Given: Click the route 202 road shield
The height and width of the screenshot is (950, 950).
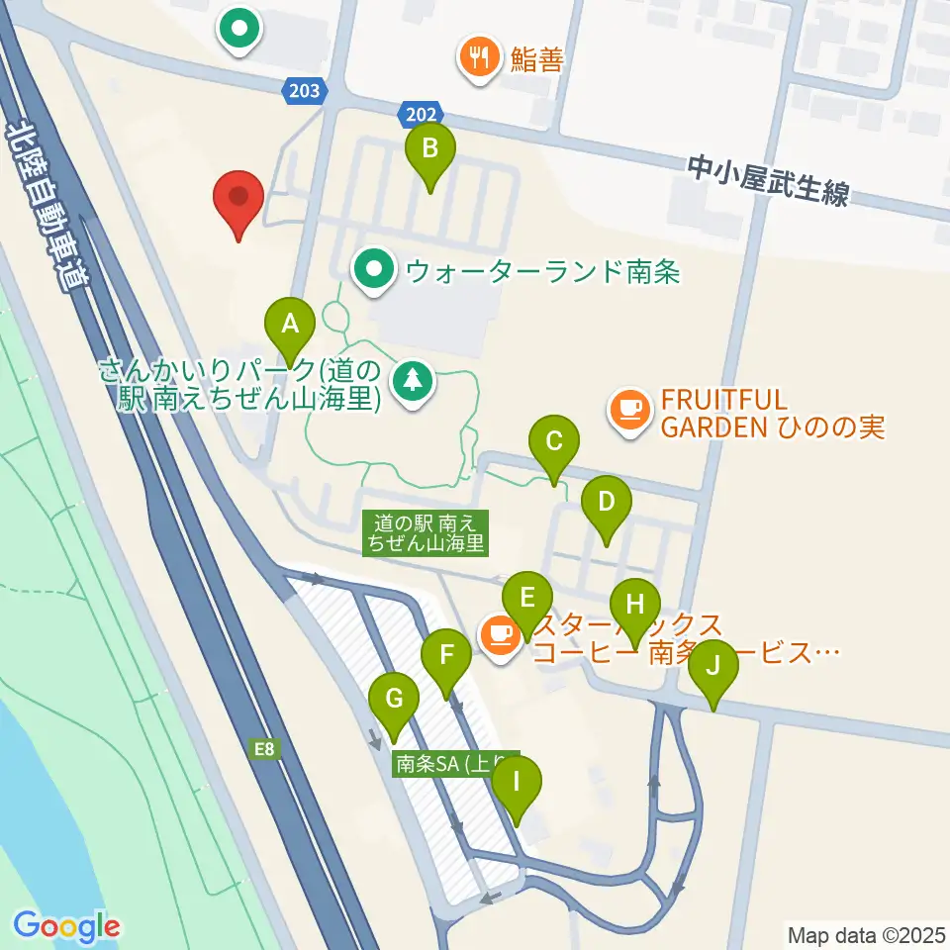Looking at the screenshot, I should pyautogui.click(x=421, y=114).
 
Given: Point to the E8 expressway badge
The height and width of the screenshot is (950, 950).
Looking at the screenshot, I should pyautogui.click(x=263, y=750).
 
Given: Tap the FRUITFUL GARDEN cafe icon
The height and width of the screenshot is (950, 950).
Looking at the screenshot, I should pyautogui.click(x=629, y=408).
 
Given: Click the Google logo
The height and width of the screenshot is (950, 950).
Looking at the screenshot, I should pyautogui.click(x=66, y=927).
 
